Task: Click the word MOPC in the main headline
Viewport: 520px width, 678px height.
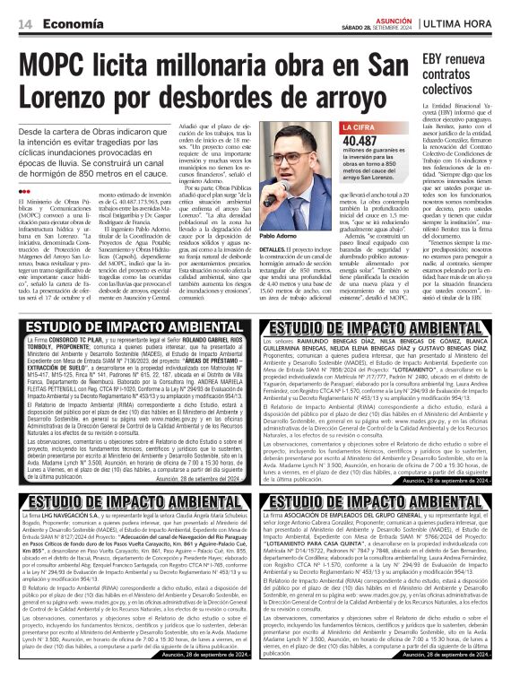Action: (63, 67)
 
